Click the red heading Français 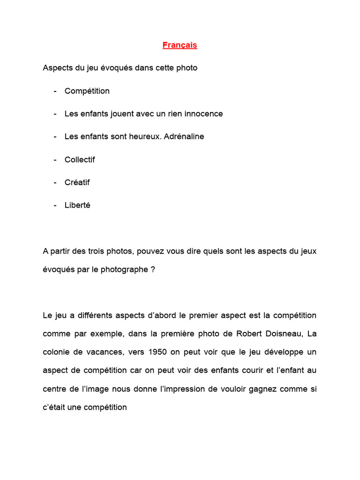[x=180, y=45]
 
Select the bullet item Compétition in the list [x=87, y=91]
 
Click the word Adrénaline [x=184, y=136]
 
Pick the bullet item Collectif [x=80, y=159]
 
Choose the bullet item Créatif [x=77, y=182]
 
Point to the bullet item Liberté [x=77, y=205]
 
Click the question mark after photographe [x=153, y=270]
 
